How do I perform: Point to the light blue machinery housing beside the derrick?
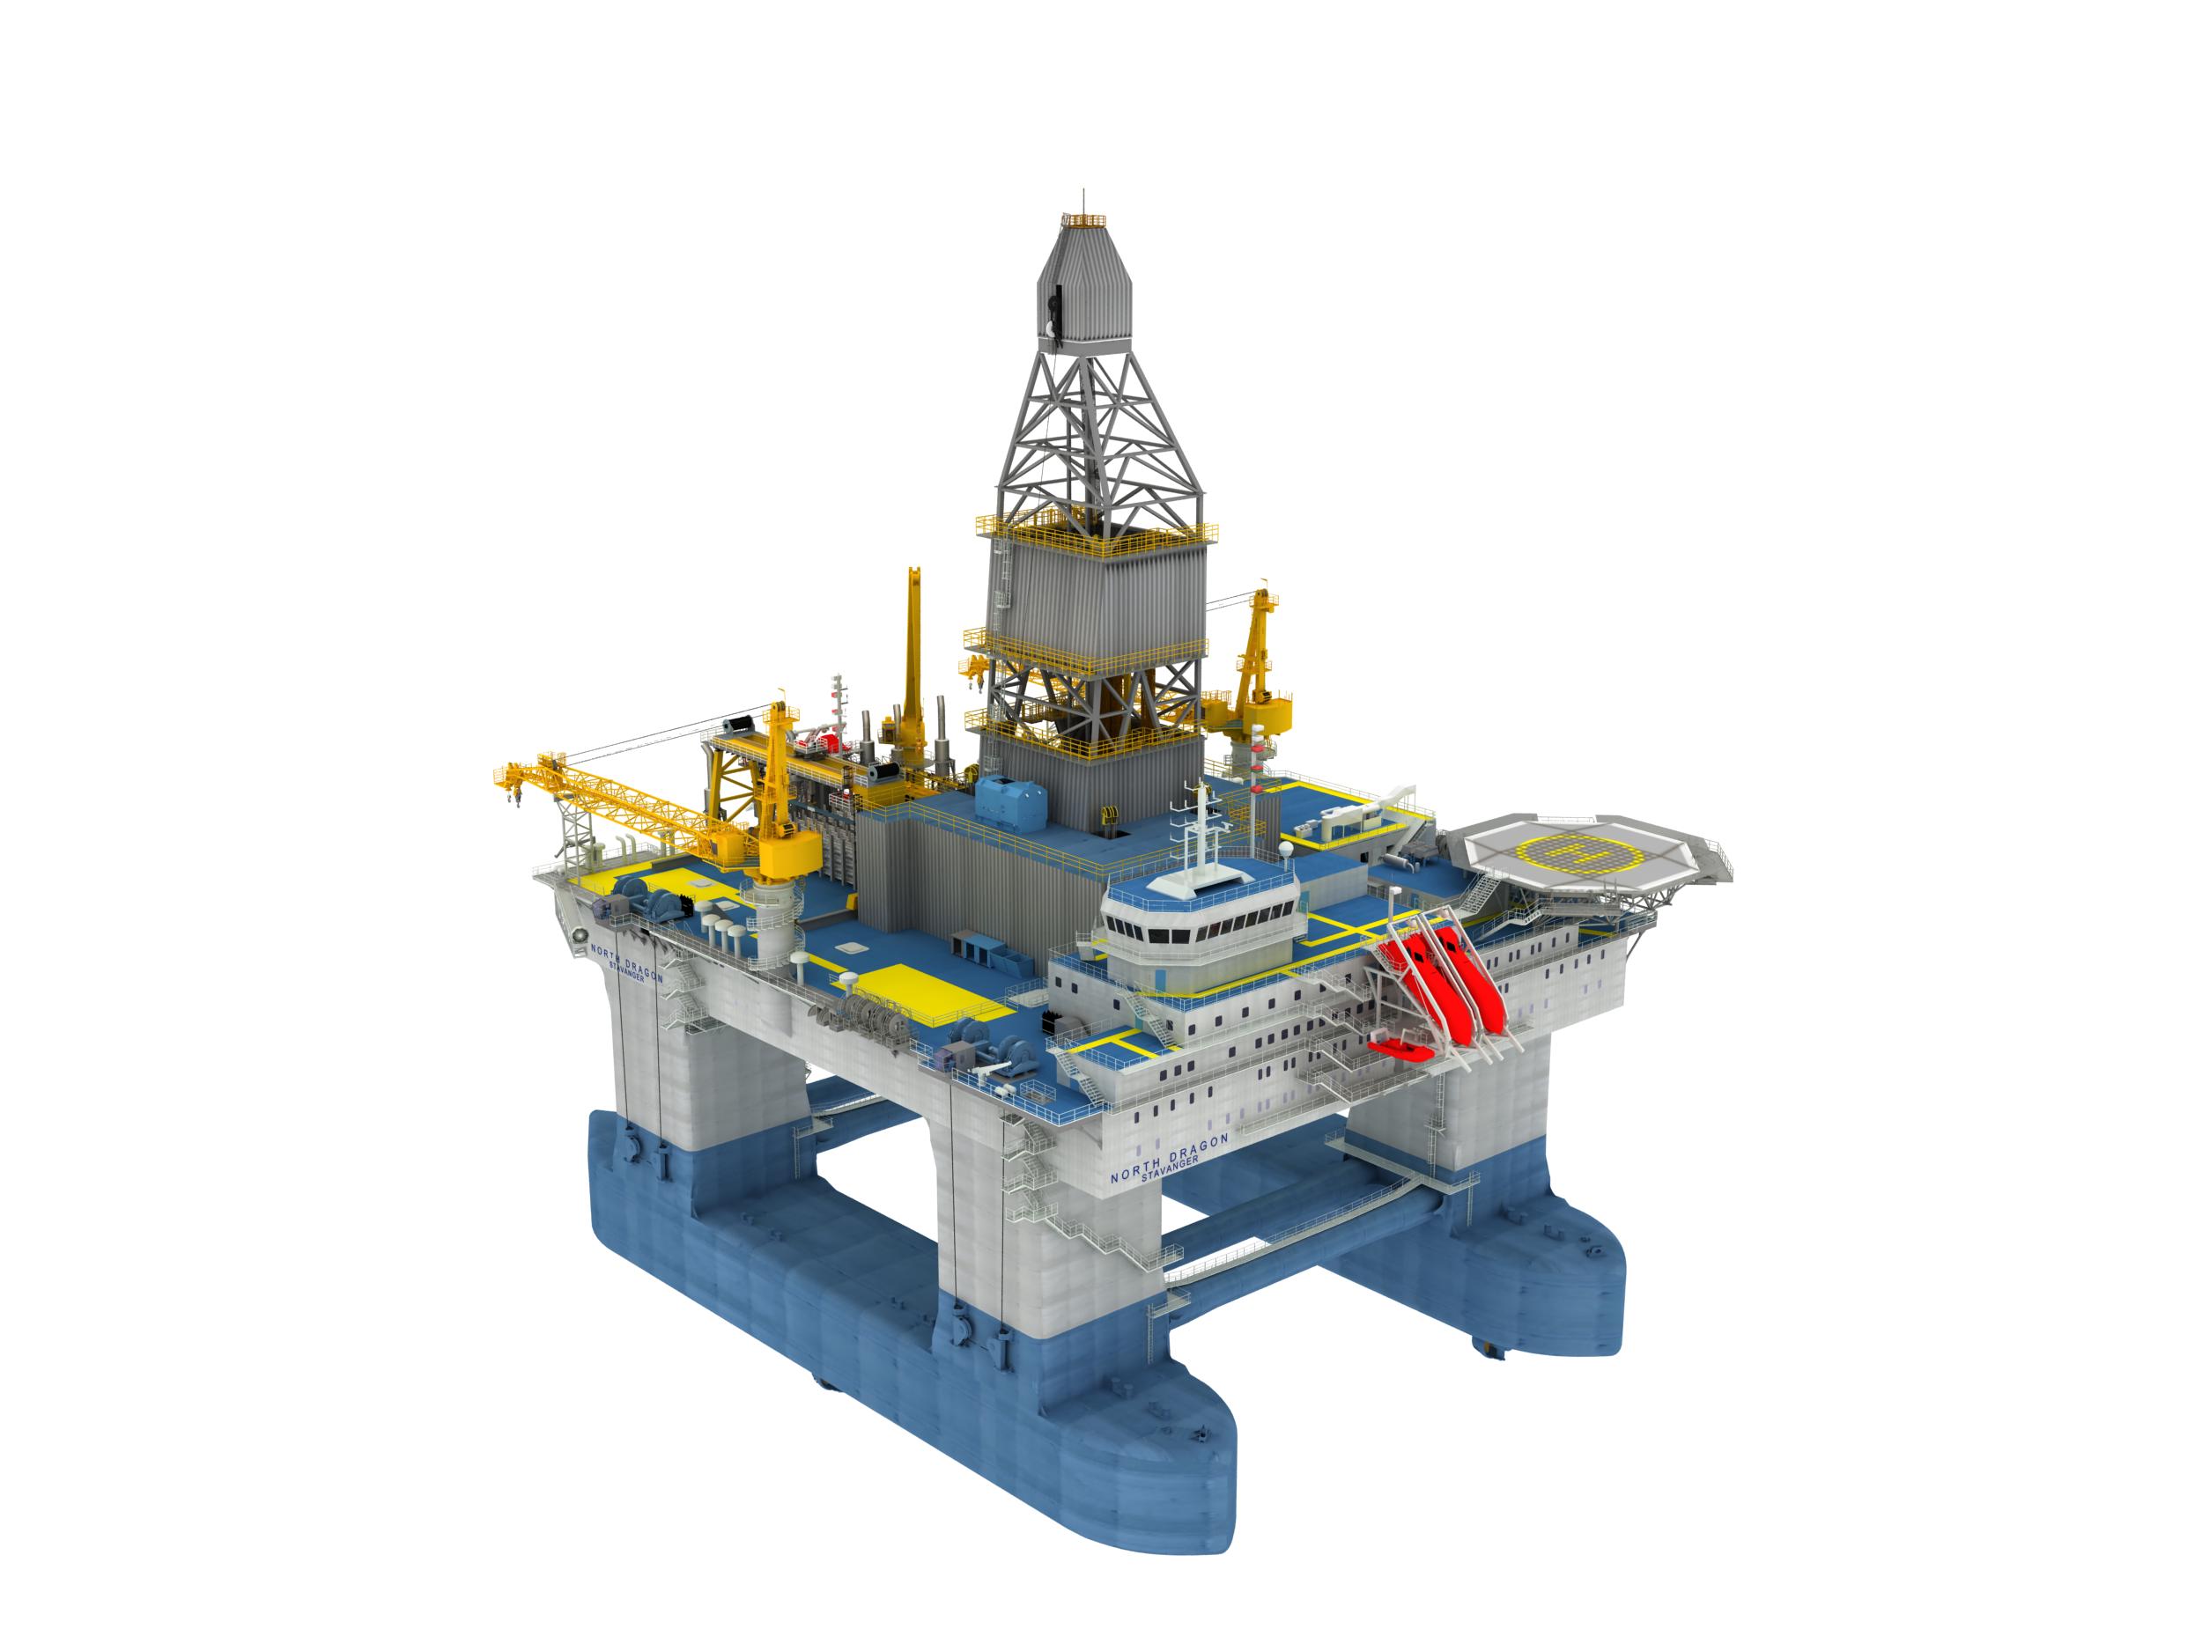pyautogui.click(x=1010, y=804)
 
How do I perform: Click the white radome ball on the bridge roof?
pyautogui.click(x=1285, y=850)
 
